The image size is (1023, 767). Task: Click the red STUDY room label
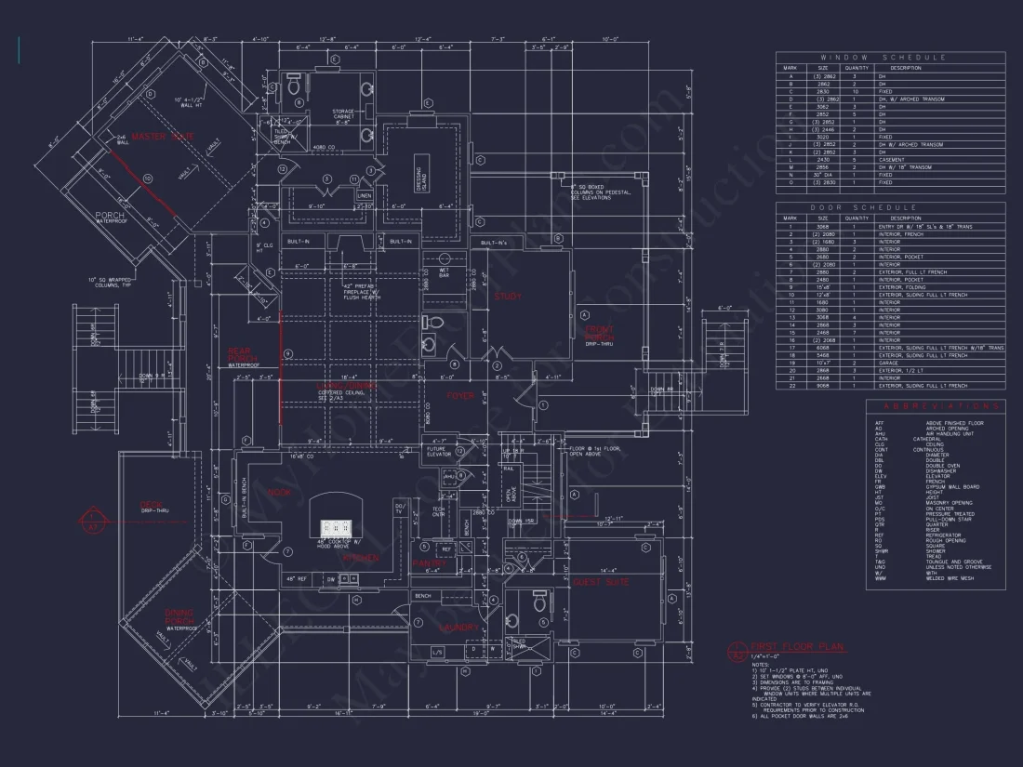(x=509, y=296)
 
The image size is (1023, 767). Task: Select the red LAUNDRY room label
(x=458, y=628)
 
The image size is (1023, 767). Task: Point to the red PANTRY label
(x=429, y=563)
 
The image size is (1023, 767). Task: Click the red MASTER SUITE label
(x=163, y=137)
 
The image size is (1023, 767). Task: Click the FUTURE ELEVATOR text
(x=437, y=451)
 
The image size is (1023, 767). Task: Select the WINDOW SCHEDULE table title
(x=890, y=58)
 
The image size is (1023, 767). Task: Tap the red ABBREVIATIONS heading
(x=936, y=406)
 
